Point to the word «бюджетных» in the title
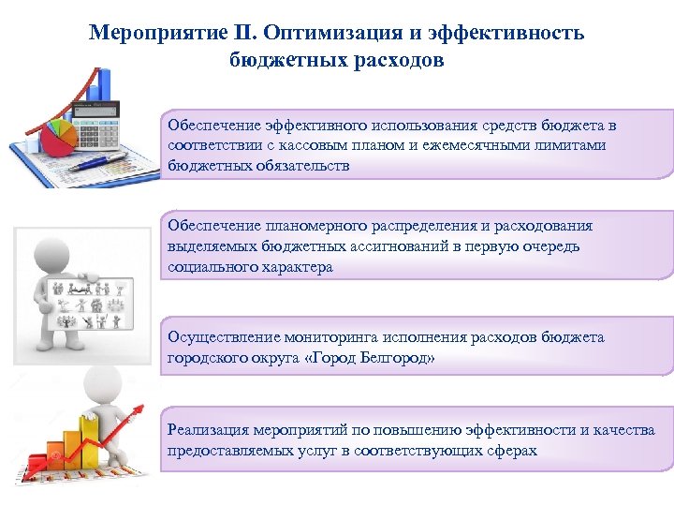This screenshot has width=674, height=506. pos(282,61)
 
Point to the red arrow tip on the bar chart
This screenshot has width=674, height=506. pos(142,406)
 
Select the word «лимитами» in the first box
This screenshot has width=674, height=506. pos(570,145)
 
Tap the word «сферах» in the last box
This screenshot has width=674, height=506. pos(513,451)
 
